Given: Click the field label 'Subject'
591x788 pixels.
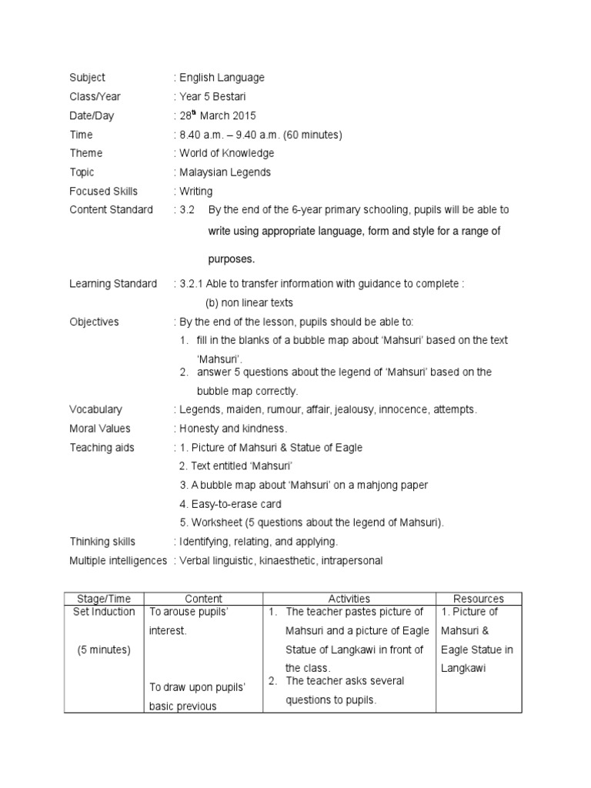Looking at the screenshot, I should coord(87,78).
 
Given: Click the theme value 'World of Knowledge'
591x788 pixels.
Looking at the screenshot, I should coord(226,153).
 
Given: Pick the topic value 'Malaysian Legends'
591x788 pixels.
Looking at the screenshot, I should coord(225,172).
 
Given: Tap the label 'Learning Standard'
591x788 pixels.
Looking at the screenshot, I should coord(112,284).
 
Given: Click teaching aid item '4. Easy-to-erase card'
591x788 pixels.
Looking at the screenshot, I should coord(230,504).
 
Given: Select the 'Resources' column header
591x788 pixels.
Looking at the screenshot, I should coord(479,598).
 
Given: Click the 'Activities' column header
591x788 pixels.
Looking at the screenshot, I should coord(349,598).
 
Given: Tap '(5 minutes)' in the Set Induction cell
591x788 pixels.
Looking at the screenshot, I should coord(104,649).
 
